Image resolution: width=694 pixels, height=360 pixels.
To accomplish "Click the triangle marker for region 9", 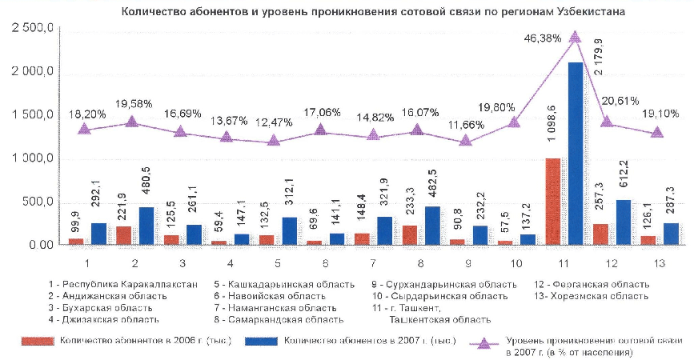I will coord(466,141).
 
